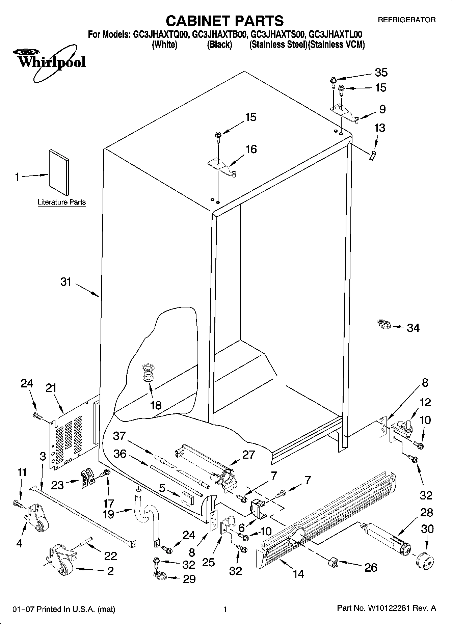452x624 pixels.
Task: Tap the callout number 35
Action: (x=381, y=73)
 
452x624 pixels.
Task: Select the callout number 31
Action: (x=66, y=281)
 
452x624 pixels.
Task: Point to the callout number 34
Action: (x=413, y=327)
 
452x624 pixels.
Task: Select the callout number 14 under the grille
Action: (x=299, y=573)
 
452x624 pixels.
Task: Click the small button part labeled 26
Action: (x=333, y=563)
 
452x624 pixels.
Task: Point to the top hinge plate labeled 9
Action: (x=344, y=112)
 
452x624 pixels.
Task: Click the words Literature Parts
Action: (x=61, y=202)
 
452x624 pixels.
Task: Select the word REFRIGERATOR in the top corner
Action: (x=406, y=20)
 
